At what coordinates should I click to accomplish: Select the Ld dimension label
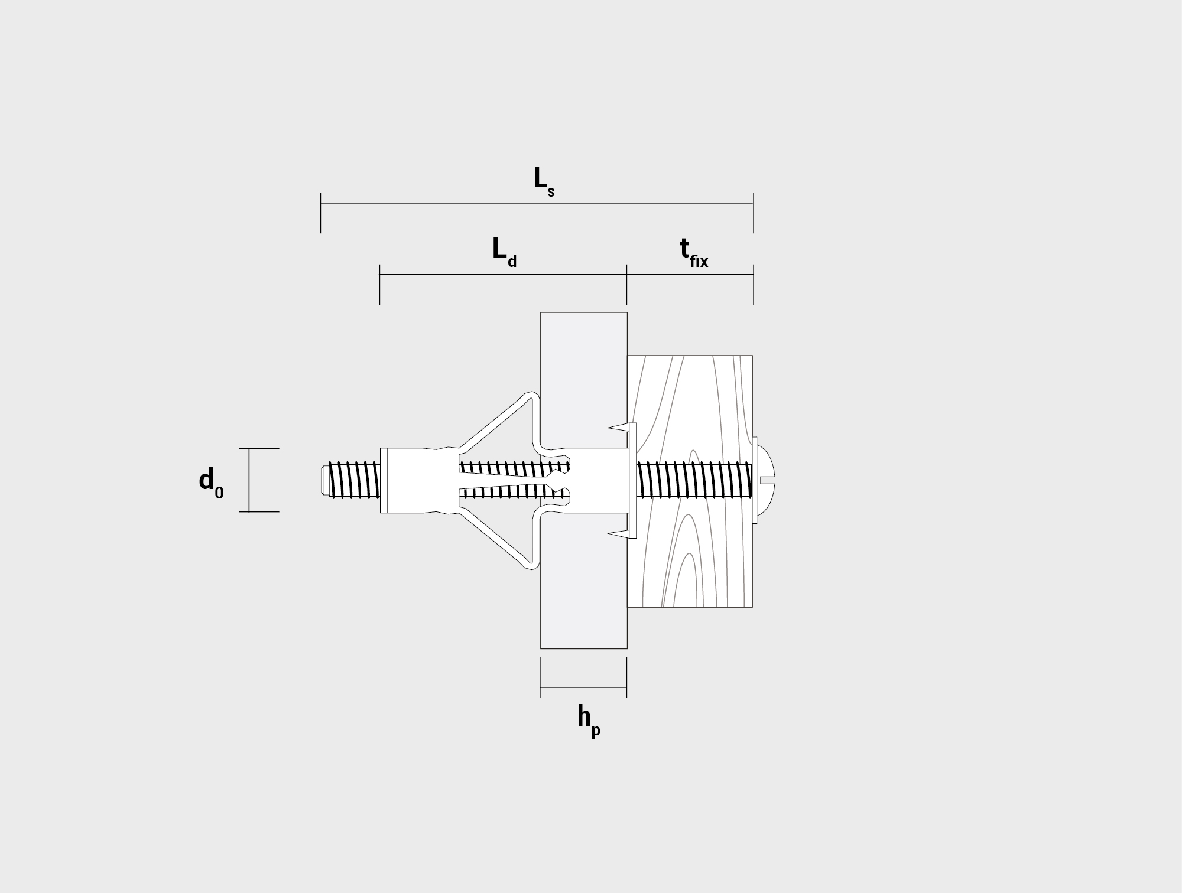click(505, 253)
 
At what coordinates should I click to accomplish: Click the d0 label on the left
click(212, 483)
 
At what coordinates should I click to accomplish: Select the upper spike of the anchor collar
click(618, 427)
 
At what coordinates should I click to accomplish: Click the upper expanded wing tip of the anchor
click(532, 395)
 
